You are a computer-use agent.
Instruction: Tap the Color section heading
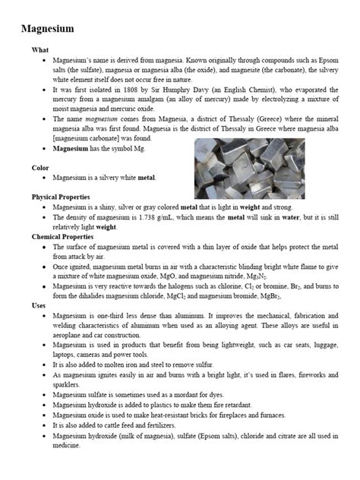tap(41, 166)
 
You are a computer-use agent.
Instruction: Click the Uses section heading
tap(39, 305)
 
